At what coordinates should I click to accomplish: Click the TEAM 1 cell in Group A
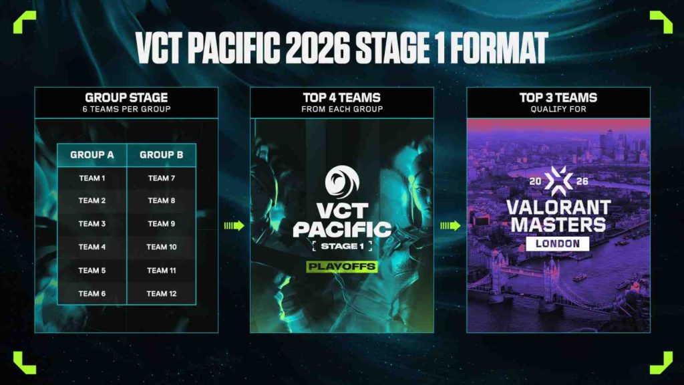(x=92, y=178)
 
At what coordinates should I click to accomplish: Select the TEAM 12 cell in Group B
(x=162, y=293)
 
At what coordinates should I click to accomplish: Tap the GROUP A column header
(x=92, y=155)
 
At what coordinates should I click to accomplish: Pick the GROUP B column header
(x=162, y=155)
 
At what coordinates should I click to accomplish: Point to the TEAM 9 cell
(x=162, y=224)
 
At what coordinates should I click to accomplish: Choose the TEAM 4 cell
(x=92, y=247)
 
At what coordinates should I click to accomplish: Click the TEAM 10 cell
(x=162, y=247)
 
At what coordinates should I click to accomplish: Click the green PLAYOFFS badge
(x=341, y=267)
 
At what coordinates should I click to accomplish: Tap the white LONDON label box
(x=558, y=243)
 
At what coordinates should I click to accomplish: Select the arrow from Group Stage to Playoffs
(x=234, y=226)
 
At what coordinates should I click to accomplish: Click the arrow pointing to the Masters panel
(x=450, y=226)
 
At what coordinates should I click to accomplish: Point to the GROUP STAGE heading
(x=126, y=98)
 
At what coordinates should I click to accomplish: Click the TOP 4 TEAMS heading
(x=341, y=98)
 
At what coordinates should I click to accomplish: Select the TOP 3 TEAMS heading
(x=558, y=98)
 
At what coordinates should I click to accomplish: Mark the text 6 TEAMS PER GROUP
(x=126, y=108)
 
